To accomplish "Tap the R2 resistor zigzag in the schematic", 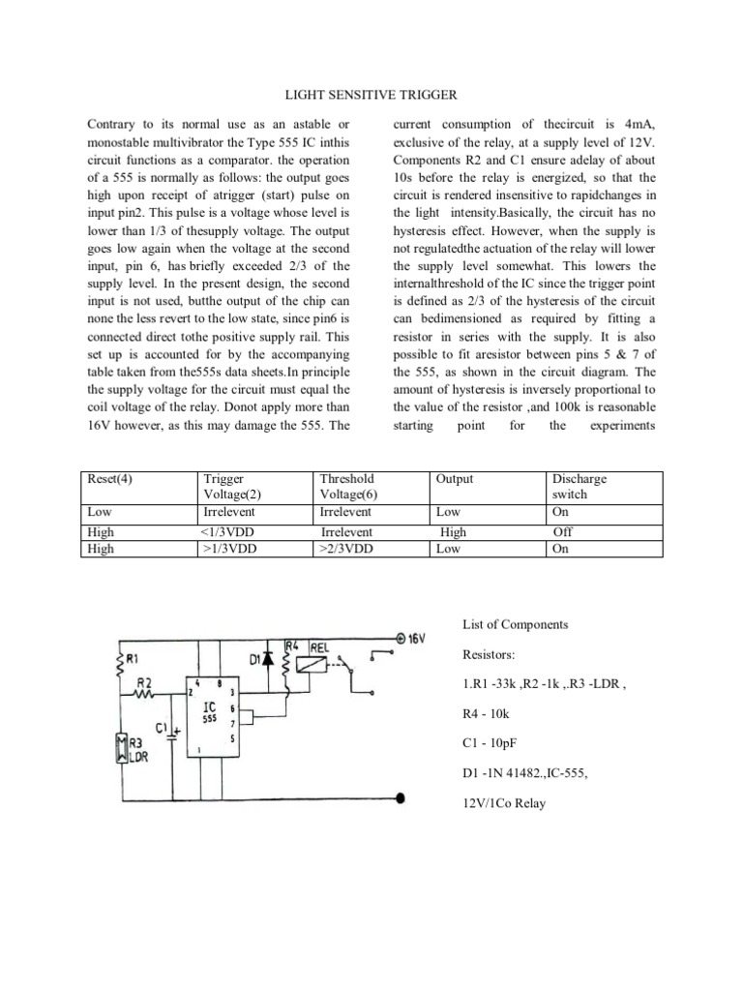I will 146,693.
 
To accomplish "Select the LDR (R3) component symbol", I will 121,748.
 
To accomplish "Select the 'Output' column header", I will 455,479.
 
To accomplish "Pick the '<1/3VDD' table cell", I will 227,532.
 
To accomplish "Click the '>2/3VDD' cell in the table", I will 345,549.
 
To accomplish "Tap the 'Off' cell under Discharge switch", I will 562,532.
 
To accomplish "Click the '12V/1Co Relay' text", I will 505,803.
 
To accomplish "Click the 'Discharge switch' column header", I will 578,487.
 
